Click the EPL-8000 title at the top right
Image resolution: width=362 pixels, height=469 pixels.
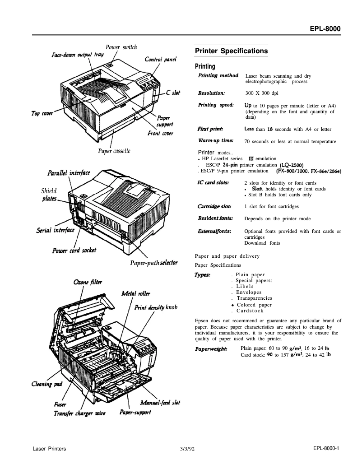325,29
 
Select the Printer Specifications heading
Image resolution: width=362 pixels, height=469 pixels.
231,51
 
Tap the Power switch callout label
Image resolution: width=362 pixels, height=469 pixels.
121,47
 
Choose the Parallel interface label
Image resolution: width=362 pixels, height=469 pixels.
69,173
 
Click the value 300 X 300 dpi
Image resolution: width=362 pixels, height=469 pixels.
261,93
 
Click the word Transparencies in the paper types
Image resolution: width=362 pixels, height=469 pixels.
254,298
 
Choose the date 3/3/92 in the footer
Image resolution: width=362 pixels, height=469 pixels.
186,449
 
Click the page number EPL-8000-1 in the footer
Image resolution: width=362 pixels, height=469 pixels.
325,449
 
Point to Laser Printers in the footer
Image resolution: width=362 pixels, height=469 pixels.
50,449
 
